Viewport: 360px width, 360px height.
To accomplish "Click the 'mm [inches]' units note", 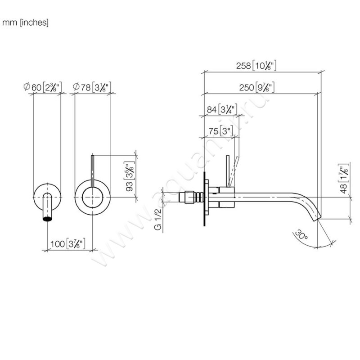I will pyautogui.click(x=26, y=22).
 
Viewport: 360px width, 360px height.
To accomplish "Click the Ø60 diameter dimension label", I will pyautogui.click(x=43, y=86).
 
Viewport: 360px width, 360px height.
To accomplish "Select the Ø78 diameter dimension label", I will pyautogui.click(x=92, y=86).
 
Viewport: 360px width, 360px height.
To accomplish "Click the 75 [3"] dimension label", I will pyautogui.click(x=220, y=131).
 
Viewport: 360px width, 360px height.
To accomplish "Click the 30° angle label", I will pyautogui.click(x=300, y=235).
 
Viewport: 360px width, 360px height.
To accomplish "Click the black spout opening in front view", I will pyautogui.click(x=47, y=219).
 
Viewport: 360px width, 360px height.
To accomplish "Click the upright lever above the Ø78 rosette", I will pyautogui.click(x=92, y=169).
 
